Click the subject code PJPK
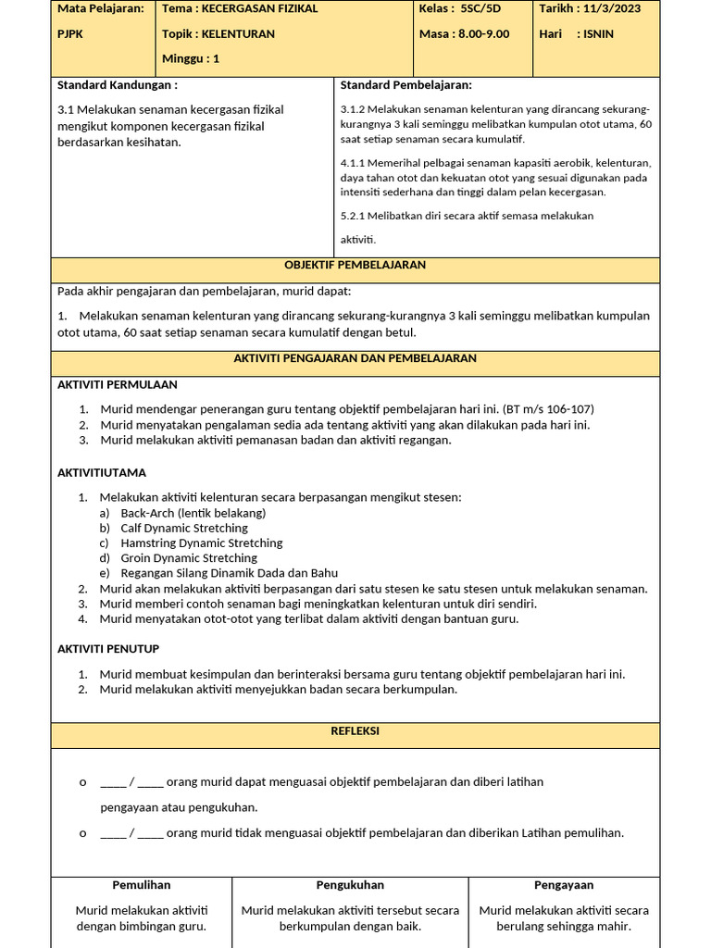pos(70,34)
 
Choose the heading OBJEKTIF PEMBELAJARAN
pos(355,265)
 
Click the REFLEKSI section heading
pos(355,731)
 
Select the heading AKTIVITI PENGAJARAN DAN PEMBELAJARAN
pos(355,358)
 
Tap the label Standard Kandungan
pos(117,85)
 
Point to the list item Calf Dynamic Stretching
pos(184,528)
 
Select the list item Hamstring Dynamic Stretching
pos(202,543)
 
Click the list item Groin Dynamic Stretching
pos(189,558)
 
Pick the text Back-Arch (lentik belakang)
pos(193,513)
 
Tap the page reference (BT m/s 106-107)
pos(548,409)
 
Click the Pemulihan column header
pos(142,885)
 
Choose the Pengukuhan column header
pos(350,885)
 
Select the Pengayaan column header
pos(564,885)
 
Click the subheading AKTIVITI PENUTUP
pos(108,649)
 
